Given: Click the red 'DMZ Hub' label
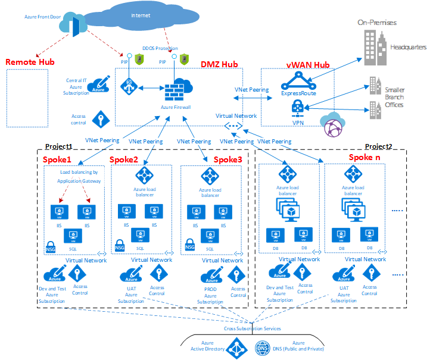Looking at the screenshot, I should coord(220,65).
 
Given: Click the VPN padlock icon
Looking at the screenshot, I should coord(298,107).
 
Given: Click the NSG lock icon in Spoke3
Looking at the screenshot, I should coord(189,245).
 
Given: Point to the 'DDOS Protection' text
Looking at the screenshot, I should coord(160,48).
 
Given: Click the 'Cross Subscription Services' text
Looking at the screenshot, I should coord(252,328).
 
